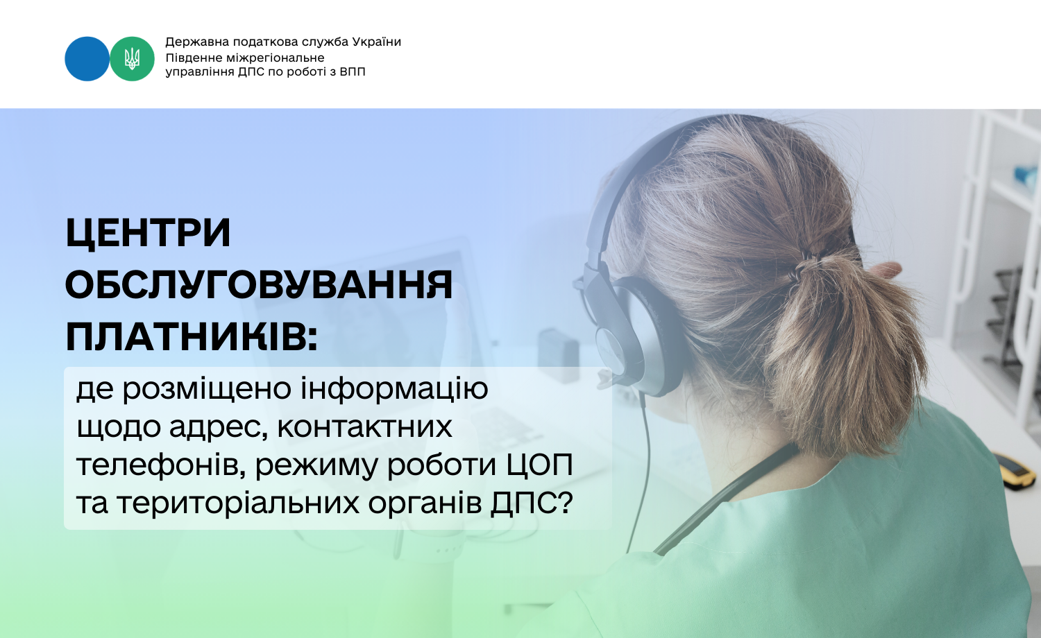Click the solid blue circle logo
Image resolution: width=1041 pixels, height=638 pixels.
pyautogui.click(x=87, y=59)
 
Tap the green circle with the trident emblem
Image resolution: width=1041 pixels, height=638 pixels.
pyautogui.click(x=132, y=59)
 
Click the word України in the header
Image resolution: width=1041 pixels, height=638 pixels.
pyautogui.click(x=376, y=42)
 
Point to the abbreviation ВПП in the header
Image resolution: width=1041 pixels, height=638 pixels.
pyautogui.click(x=353, y=72)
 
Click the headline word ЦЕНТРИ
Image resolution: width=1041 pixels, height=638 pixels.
pyautogui.click(x=149, y=232)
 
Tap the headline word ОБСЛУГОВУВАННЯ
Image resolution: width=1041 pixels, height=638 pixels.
pyautogui.click(x=259, y=284)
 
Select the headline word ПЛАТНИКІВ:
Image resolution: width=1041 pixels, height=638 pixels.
pyautogui.click(x=192, y=336)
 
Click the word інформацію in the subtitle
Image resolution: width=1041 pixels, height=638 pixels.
pyautogui.click(x=394, y=389)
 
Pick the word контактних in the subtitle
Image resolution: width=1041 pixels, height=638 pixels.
pyautogui.click(x=364, y=427)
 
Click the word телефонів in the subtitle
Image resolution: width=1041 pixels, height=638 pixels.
pyautogui.click(x=161, y=466)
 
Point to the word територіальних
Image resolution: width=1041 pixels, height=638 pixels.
pyautogui.click(x=239, y=502)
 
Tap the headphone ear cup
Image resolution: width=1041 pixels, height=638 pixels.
pyautogui.click(x=639, y=336)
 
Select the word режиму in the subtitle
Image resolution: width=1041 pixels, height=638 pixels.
pyautogui.click(x=317, y=467)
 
